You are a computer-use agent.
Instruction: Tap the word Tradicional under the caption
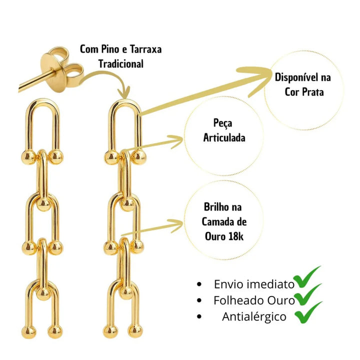[x=121, y=64]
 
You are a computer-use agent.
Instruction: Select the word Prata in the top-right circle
[x=316, y=91]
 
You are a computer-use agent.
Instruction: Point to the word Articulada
[x=224, y=137]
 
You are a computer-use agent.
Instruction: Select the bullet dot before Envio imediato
[x=199, y=284]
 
